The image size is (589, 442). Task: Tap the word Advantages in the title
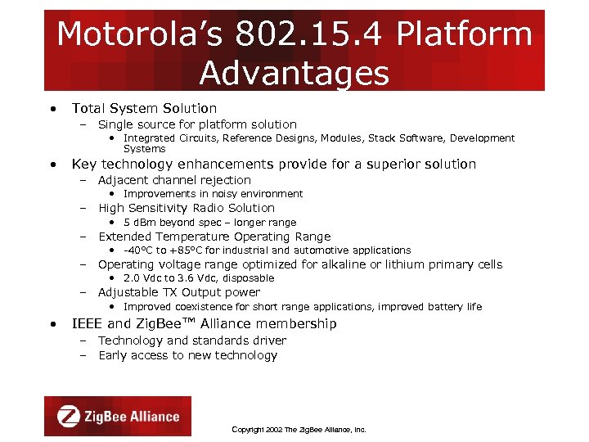tap(294, 73)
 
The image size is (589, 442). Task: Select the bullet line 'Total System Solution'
tap(144, 108)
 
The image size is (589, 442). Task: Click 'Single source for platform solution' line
tap(197, 124)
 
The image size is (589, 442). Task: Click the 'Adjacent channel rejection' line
tap(174, 180)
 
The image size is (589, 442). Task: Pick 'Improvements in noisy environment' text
tap(213, 194)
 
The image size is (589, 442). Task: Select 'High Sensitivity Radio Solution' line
tap(187, 208)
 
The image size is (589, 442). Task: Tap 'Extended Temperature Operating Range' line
tap(214, 237)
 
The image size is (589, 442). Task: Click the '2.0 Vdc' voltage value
tap(142, 278)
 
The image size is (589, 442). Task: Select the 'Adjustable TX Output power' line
tap(179, 292)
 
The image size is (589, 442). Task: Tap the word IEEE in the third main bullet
tap(88, 324)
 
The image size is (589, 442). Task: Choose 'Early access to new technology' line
tap(187, 355)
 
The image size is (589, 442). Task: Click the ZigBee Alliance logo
tap(117, 416)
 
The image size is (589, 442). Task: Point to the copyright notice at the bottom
tap(299, 429)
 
